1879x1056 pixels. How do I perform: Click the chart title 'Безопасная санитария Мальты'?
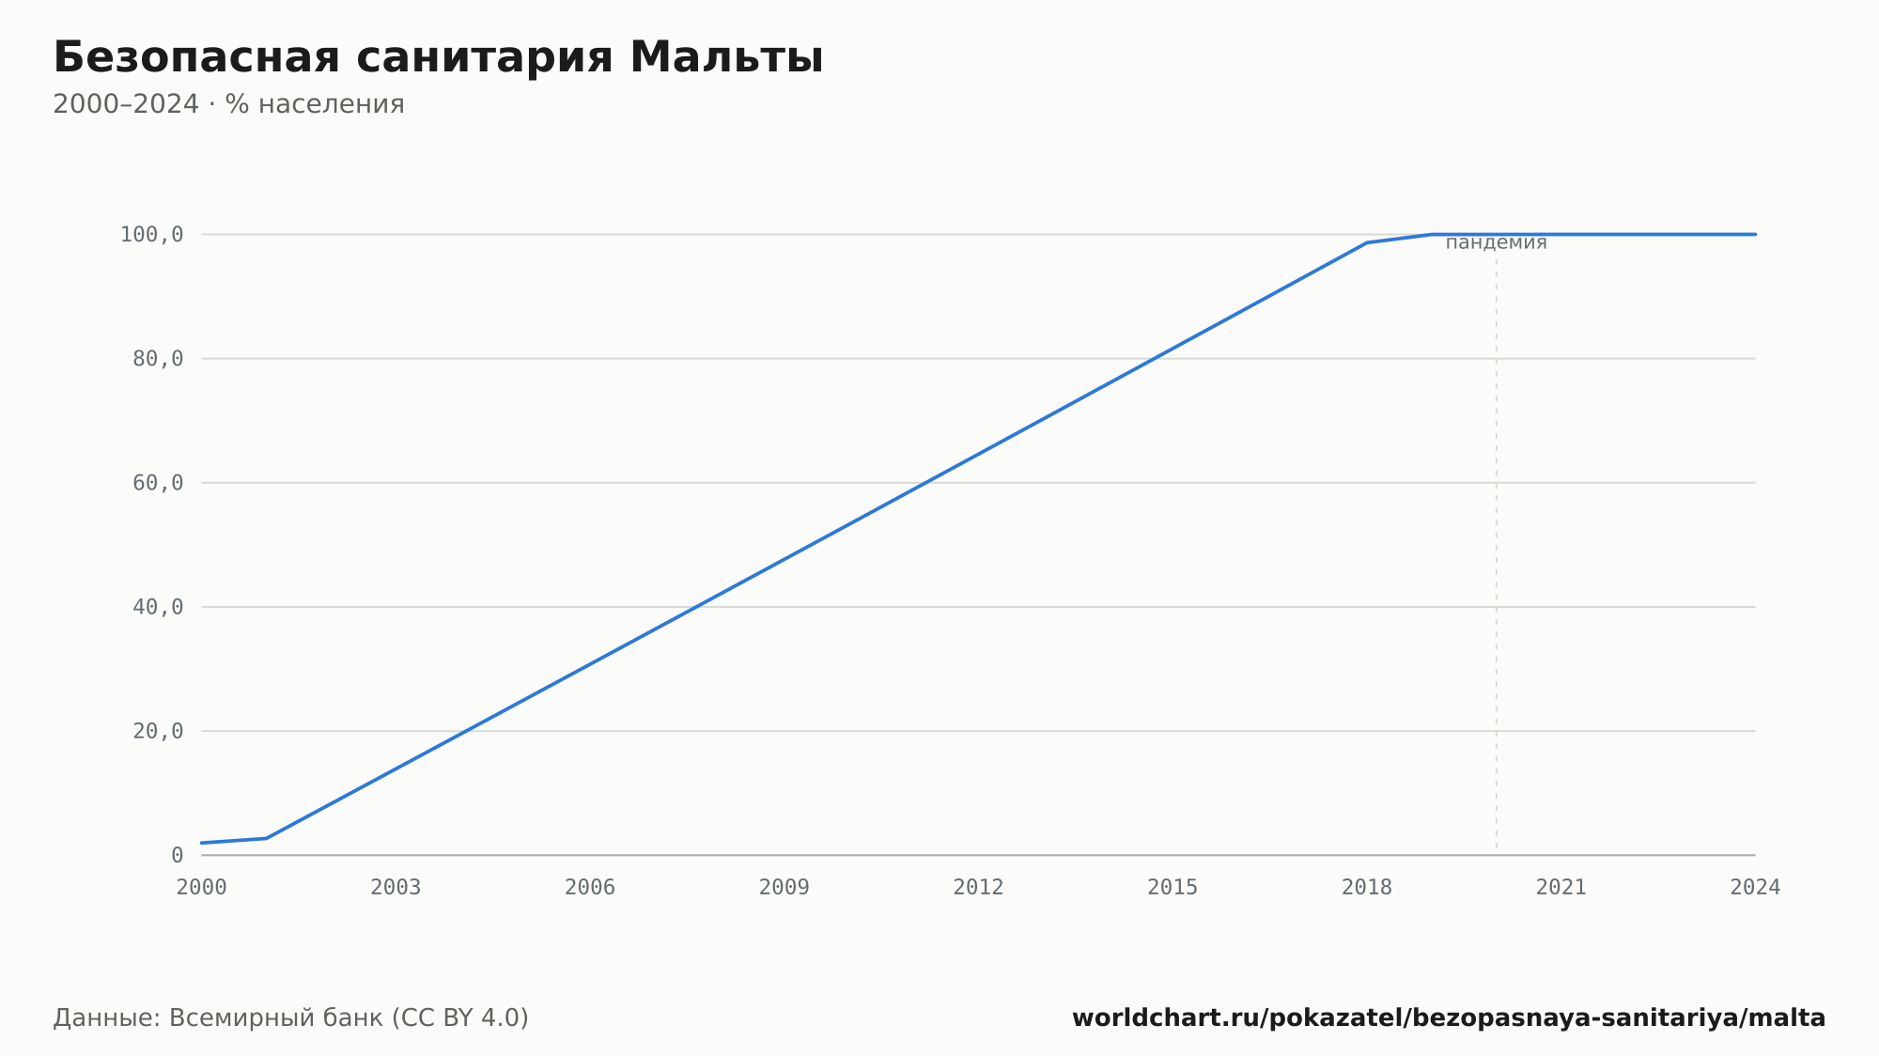(x=438, y=57)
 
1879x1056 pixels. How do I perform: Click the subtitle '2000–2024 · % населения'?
(x=228, y=104)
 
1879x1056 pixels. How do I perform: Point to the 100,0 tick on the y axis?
(x=151, y=235)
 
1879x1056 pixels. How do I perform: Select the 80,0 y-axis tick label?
(x=158, y=359)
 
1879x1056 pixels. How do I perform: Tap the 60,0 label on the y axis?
(x=158, y=483)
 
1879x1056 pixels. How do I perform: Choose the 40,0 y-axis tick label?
(x=158, y=607)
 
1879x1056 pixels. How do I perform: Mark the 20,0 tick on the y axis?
(x=158, y=731)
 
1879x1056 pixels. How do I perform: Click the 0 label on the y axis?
(x=178, y=855)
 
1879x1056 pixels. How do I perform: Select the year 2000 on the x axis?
(x=202, y=888)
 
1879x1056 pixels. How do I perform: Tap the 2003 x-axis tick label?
(x=396, y=888)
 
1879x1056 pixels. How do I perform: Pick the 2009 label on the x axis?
(x=784, y=888)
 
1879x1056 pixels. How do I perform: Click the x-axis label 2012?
(x=979, y=888)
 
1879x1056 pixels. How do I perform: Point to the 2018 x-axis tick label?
(x=1367, y=888)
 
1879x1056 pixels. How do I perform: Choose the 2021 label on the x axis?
(x=1561, y=888)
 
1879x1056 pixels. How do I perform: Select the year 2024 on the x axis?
(x=1755, y=888)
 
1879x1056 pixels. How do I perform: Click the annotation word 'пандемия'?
(x=1496, y=243)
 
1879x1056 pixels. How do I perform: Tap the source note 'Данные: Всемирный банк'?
(x=218, y=1017)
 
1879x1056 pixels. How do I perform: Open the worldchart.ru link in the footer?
(x=1449, y=1018)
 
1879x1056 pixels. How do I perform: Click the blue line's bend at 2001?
(x=267, y=838)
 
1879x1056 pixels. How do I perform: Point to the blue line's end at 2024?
(x=1755, y=234)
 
